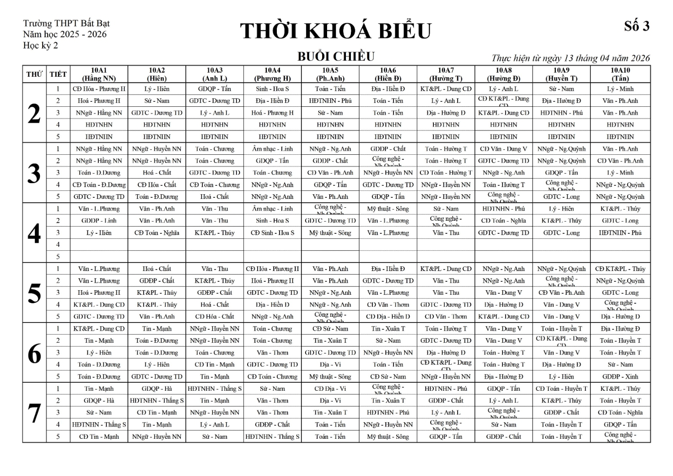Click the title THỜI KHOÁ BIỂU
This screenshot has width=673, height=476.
335,31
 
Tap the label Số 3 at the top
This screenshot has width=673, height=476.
637,26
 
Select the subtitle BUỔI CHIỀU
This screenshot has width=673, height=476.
336,57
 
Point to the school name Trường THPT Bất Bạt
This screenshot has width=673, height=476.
66,23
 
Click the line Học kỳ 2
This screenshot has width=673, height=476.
40,45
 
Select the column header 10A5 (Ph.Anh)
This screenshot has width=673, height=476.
330,74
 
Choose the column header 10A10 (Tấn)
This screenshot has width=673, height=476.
620,74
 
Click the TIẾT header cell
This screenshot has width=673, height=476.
58,74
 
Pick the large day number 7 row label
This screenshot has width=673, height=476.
35,413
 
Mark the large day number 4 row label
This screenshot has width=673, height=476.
35,233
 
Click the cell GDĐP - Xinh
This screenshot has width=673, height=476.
620,377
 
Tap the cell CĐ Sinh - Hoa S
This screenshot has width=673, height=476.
272,233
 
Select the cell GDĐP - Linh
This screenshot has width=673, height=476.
99,221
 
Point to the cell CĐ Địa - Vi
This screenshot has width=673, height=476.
330,389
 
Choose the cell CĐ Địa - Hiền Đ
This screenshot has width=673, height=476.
388,317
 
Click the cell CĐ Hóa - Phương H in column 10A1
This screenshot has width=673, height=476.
99,89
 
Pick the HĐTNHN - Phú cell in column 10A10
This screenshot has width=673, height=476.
620,233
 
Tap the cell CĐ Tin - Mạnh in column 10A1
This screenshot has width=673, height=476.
99,437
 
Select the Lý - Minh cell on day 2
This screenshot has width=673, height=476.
620,89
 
